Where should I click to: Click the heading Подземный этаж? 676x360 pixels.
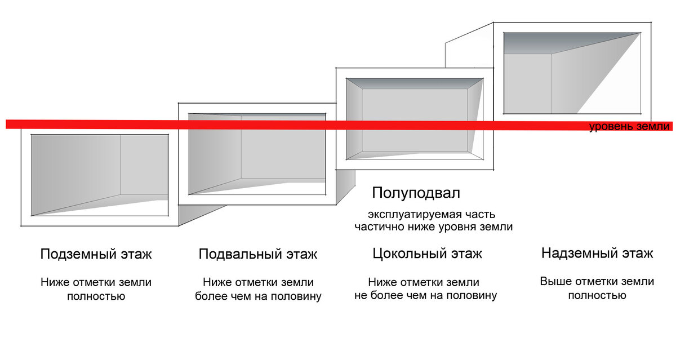[x=96, y=254]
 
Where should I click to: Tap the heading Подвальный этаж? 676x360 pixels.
[x=258, y=254]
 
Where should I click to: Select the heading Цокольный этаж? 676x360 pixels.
[x=427, y=254]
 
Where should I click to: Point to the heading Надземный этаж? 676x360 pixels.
[x=597, y=253]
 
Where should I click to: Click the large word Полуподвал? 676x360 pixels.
[x=416, y=193]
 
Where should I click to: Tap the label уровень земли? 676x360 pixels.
[x=629, y=127]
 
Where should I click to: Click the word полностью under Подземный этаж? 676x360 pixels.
[x=96, y=296]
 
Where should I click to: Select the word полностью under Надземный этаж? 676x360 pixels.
[x=597, y=295]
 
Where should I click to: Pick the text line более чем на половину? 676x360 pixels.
[x=258, y=296]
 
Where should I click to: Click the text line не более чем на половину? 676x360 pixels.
[x=425, y=295]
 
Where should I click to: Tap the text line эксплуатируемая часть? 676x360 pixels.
[x=432, y=215]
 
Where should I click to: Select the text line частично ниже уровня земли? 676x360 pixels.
[x=433, y=227]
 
